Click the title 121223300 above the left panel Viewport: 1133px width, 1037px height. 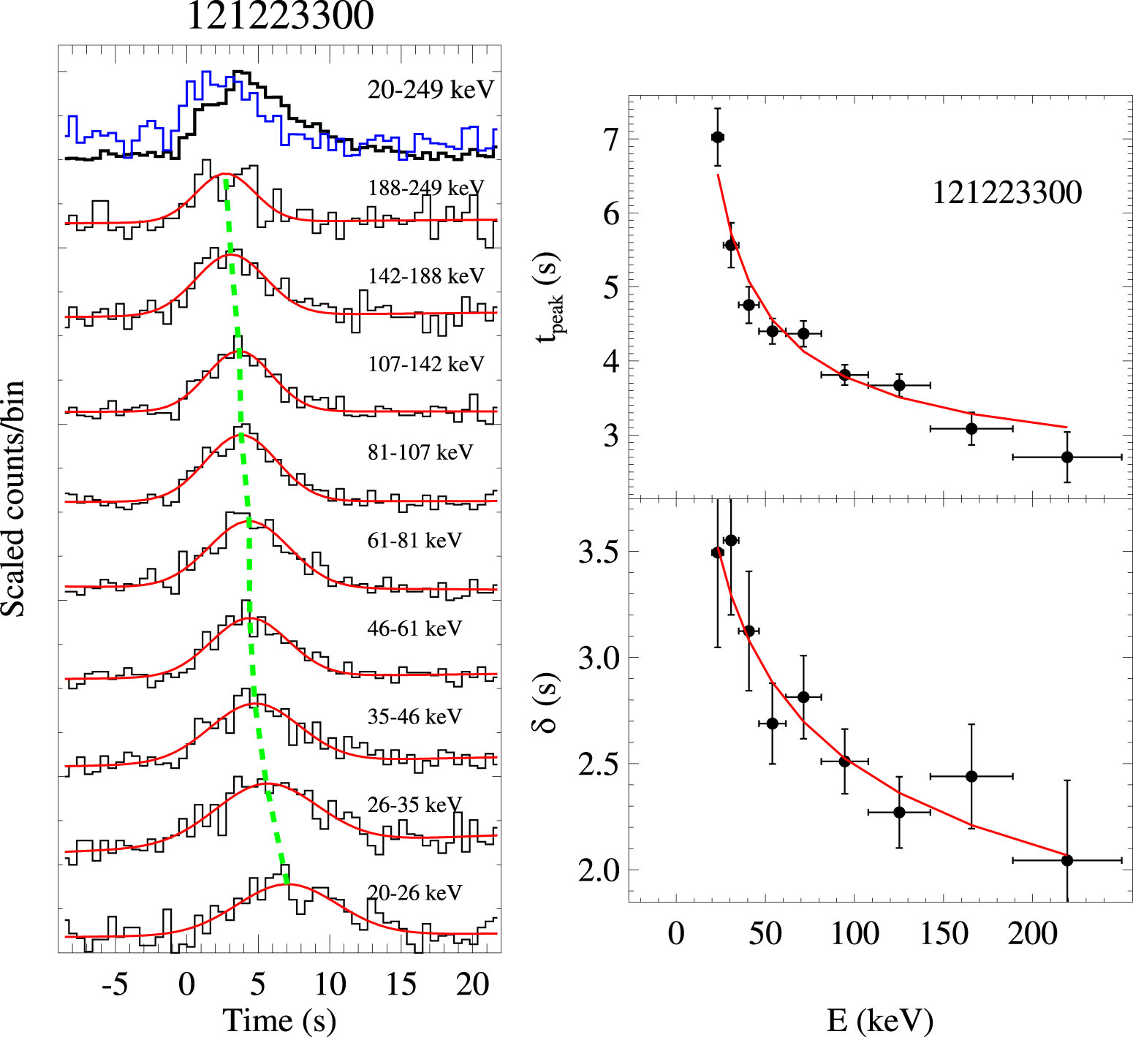tap(280, 16)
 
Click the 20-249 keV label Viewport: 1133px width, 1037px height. tap(431, 90)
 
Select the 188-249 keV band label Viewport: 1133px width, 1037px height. tap(425, 189)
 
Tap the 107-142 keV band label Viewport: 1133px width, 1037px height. tap(425, 364)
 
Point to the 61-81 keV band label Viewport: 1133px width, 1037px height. tap(414, 541)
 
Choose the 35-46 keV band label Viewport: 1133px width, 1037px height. tap(414, 717)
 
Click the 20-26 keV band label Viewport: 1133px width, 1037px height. tap(414, 893)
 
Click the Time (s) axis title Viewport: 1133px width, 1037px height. tap(279, 1020)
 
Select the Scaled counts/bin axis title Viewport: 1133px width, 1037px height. tap(14, 498)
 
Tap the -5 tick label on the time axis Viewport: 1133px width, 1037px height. tap(115, 985)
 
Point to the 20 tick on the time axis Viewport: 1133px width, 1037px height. tap(472, 985)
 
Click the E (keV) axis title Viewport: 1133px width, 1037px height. tap(880, 1020)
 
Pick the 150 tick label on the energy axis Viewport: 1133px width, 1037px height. tap(944, 934)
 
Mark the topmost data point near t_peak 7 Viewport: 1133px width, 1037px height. tap(718, 137)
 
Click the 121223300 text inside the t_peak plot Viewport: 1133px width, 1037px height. tap(1007, 193)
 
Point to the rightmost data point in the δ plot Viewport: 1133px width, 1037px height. tap(1066, 860)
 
